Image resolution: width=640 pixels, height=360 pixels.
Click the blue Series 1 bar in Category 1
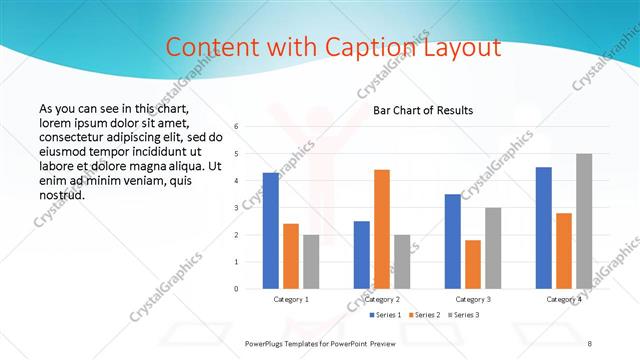[x=271, y=231]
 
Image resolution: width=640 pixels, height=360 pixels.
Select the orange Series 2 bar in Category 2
[x=382, y=229]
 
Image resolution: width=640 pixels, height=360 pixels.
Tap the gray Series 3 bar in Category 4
[x=584, y=221]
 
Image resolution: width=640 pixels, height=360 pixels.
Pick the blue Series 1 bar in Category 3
[x=453, y=241]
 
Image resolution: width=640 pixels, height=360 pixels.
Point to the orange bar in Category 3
[x=473, y=264]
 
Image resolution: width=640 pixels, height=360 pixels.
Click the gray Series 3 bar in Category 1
[x=311, y=262]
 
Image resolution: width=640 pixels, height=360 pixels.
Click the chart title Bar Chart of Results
[x=423, y=110]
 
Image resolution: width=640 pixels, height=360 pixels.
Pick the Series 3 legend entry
[x=464, y=315]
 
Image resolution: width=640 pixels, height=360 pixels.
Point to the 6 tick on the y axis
[x=236, y=127]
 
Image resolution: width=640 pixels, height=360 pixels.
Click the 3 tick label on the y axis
[x=236, y=208]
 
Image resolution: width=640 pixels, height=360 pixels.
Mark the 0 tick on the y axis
[x=236, y=289]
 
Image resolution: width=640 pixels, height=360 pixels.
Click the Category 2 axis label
[x=382, y=299]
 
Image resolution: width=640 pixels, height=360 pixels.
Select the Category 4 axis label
[x=564, y=299]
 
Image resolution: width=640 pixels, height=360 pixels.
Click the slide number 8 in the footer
[x=589, y=343]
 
